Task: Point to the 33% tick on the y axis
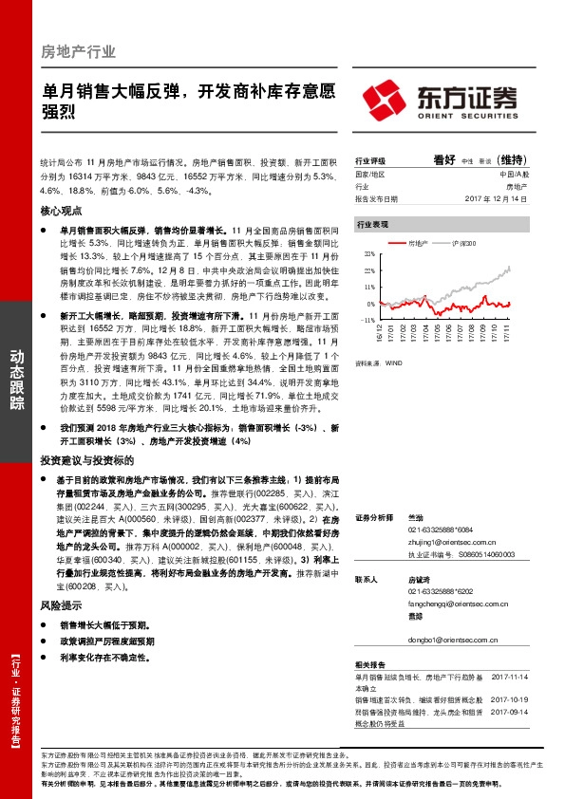coord(368,255)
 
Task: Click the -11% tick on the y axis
coord(367,320)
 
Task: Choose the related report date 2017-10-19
coord(510,699)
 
